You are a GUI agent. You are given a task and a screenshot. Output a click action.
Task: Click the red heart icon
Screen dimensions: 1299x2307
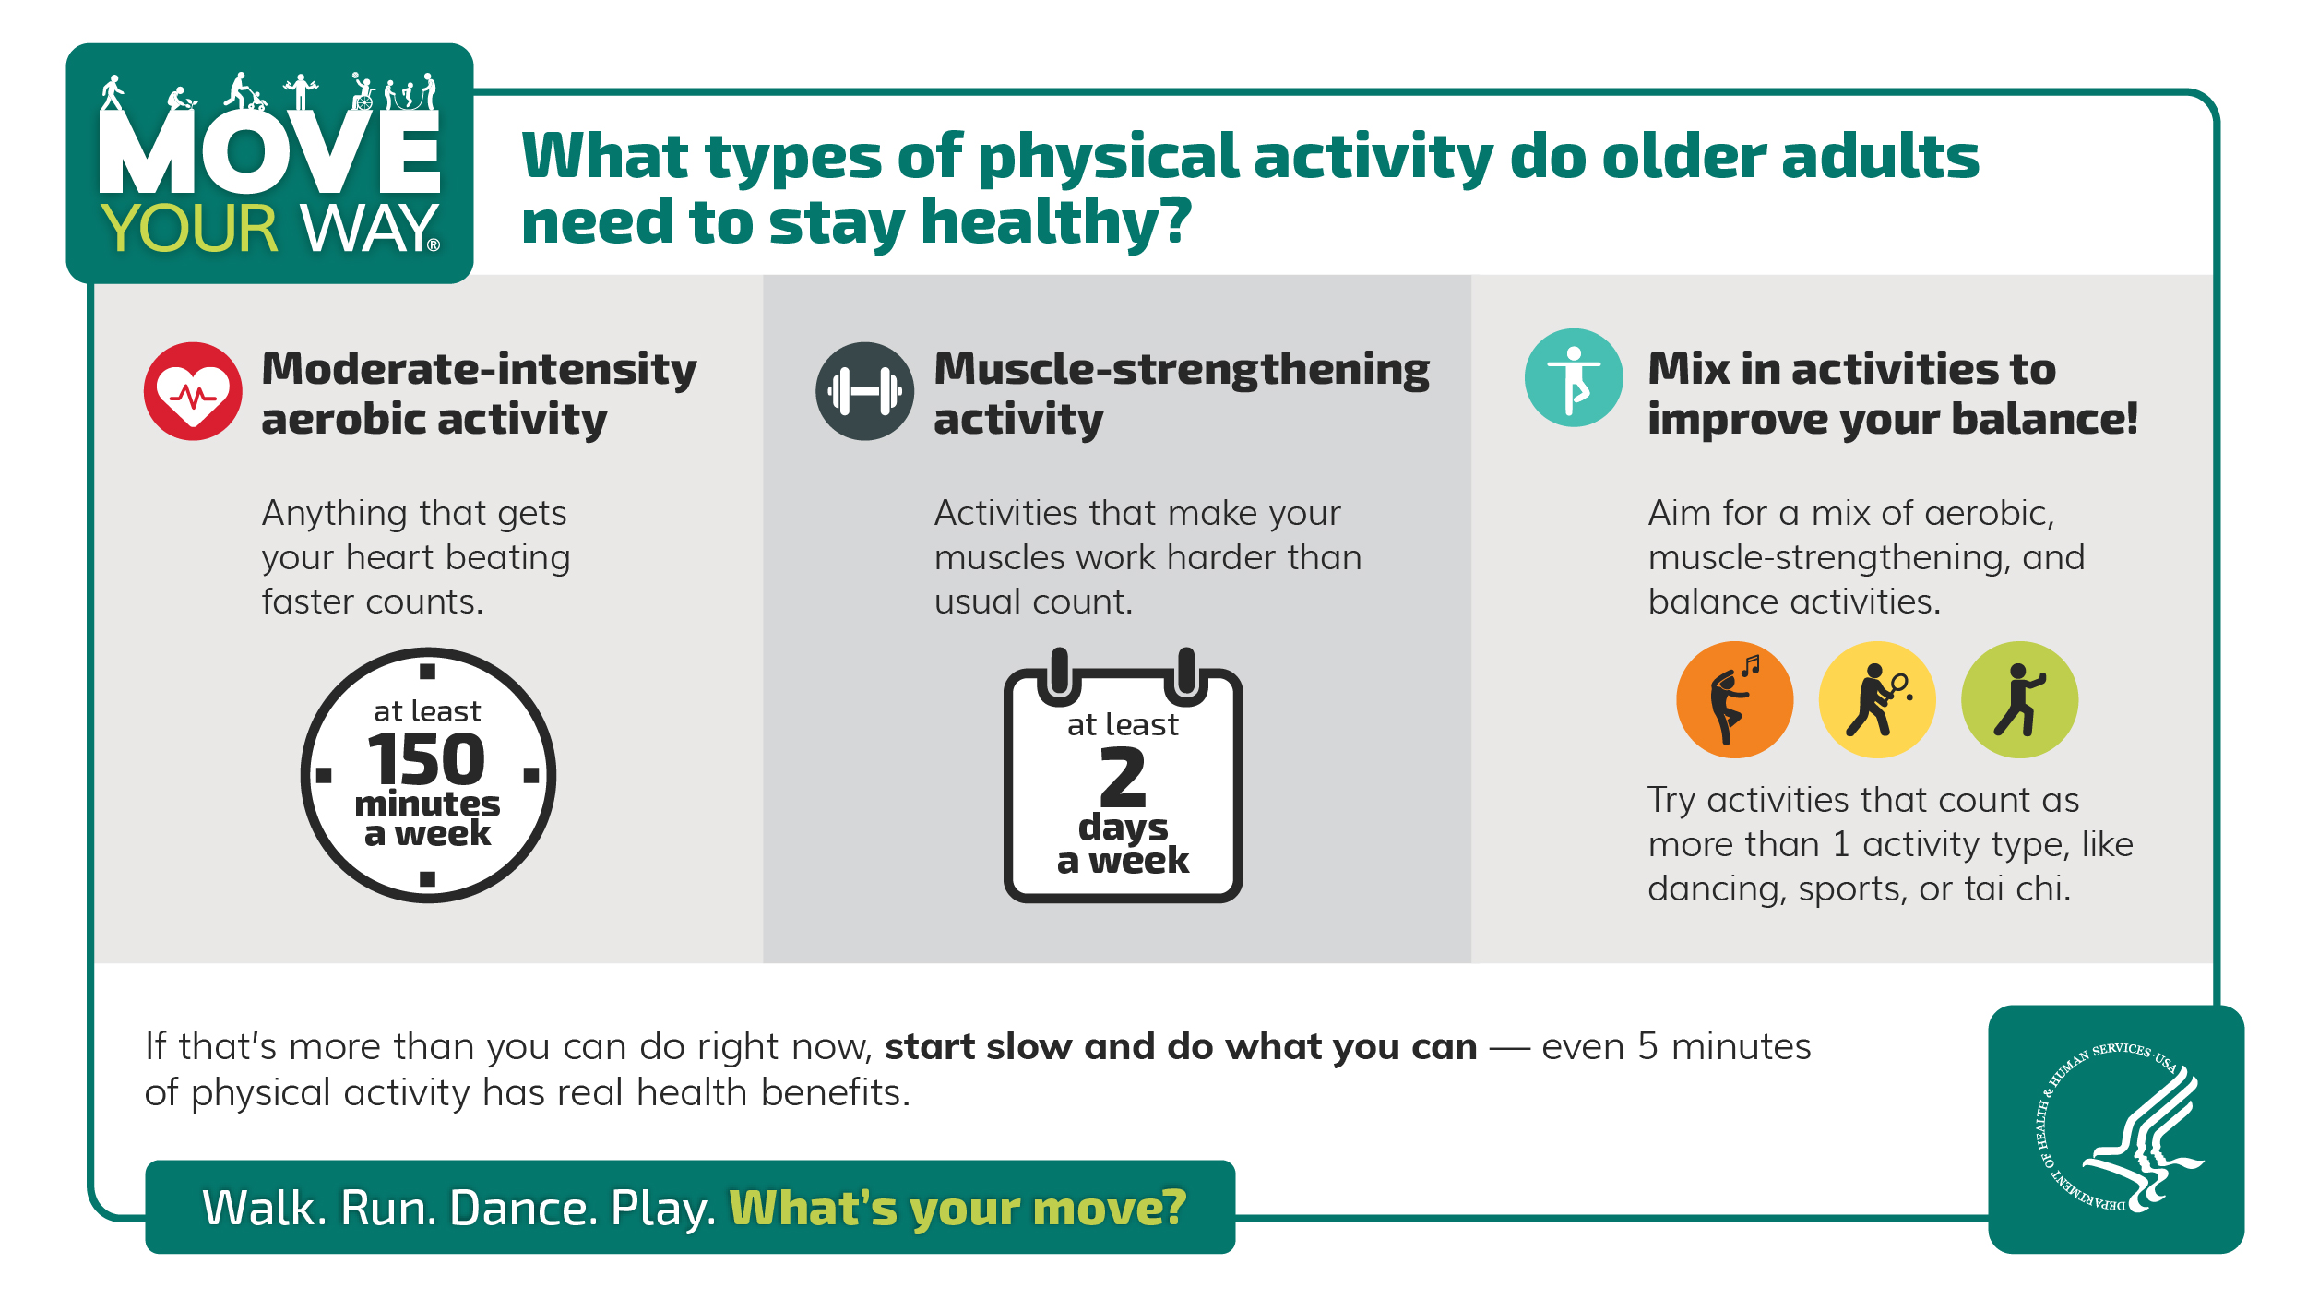[x=193, y=391]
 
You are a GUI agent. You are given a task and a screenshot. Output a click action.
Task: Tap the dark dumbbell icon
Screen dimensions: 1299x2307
[x=864, y=391]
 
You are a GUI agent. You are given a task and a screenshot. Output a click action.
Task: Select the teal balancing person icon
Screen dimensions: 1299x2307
[x=1574, y=377]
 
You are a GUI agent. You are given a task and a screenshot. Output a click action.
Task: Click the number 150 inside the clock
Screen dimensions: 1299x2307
[x=426, y=759]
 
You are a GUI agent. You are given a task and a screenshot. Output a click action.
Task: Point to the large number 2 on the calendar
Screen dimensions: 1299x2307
[x=1123, y=777]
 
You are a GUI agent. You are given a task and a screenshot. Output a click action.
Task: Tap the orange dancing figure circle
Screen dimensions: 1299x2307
[x=1734, y=699]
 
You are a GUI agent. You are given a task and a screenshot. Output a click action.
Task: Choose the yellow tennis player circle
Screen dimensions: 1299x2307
[x=1876, y=699]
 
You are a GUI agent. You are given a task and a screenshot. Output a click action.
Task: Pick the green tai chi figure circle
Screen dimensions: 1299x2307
[x=2019, y=699]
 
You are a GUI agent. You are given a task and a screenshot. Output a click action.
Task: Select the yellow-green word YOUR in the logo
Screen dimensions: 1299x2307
[x=189, y=228]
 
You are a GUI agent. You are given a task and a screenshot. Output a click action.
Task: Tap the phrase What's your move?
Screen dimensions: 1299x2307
[x=957, y=1207]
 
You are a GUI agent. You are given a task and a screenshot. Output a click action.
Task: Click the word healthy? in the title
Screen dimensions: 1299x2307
[x=1056, y=222]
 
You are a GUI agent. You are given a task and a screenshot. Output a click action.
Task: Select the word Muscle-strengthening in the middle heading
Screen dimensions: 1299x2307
[x=1182, y=369]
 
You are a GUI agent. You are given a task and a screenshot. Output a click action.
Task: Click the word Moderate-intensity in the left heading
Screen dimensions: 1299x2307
[x=479, y=369]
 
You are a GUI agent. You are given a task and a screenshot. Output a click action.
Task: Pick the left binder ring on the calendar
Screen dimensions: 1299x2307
[x=1059, y=673]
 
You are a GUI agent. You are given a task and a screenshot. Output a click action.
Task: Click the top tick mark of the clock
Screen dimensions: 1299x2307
[x=427, y=671]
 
